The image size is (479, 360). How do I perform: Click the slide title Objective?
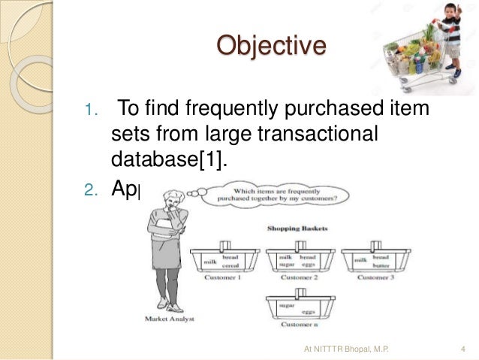271,46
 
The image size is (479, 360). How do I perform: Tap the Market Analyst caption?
169,318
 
